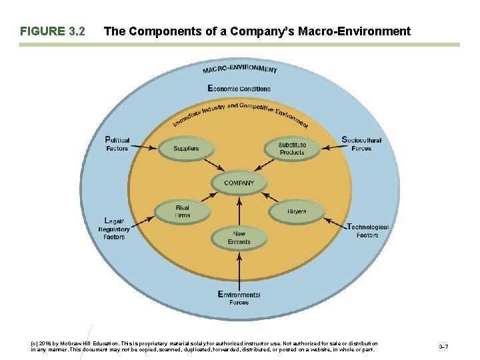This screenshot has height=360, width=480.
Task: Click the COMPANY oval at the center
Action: pos(239,183)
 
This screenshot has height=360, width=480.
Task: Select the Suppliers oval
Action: pos(185,149)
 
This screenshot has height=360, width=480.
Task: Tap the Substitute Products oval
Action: pos(292,148)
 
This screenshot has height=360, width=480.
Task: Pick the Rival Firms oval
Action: pos(183,212)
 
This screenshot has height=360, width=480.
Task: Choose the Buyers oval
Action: pos(297,212)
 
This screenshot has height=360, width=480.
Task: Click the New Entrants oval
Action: pos(239,237)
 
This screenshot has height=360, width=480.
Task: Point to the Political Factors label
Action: pos(118,144)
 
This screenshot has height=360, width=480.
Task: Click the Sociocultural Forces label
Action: pos(361,144)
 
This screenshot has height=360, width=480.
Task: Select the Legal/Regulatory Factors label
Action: pos(114,229)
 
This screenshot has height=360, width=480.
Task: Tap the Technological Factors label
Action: pos(367,231)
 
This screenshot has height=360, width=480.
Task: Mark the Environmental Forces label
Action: pos(239,298)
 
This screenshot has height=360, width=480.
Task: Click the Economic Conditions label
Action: pos(239,88)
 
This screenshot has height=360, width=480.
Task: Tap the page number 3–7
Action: pos(443,346)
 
